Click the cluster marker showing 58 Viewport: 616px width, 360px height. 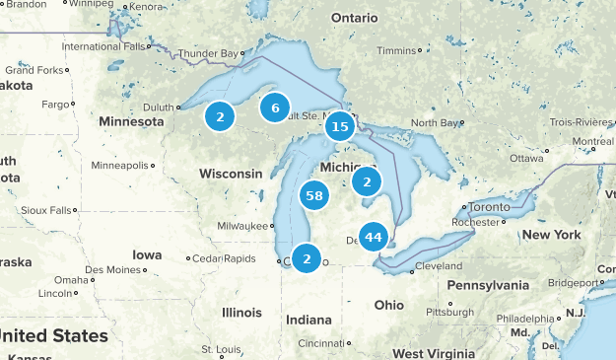click(x=314, y=195)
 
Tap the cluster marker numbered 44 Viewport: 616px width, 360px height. click(x=373, y=237)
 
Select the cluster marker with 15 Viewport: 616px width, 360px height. click(x=339, y=125)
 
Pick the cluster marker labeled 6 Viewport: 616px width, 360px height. click(x=275, y=108)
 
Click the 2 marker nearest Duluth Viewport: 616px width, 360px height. click(x=220, y=117)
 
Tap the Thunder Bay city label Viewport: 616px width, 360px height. click(x=209, y=53)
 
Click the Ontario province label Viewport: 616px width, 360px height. click(x=354, y=19)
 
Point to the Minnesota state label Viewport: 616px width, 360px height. click(x=131, y=121)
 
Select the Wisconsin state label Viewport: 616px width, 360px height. click(x=231, y=174)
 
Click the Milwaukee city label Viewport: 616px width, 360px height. click(x=241, y=225)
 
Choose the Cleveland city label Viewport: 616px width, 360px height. click(x=439, y=266)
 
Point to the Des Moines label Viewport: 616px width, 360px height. click(x=112, y=269)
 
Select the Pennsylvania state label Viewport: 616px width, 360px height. click(x=490, y=285)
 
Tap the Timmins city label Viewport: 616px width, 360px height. click(x=395, y=50)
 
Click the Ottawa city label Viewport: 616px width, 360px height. click(x=526, y=158)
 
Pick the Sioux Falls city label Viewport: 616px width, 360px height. click(x=46, y=210)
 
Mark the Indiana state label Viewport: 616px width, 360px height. click(x=308, y=320)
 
